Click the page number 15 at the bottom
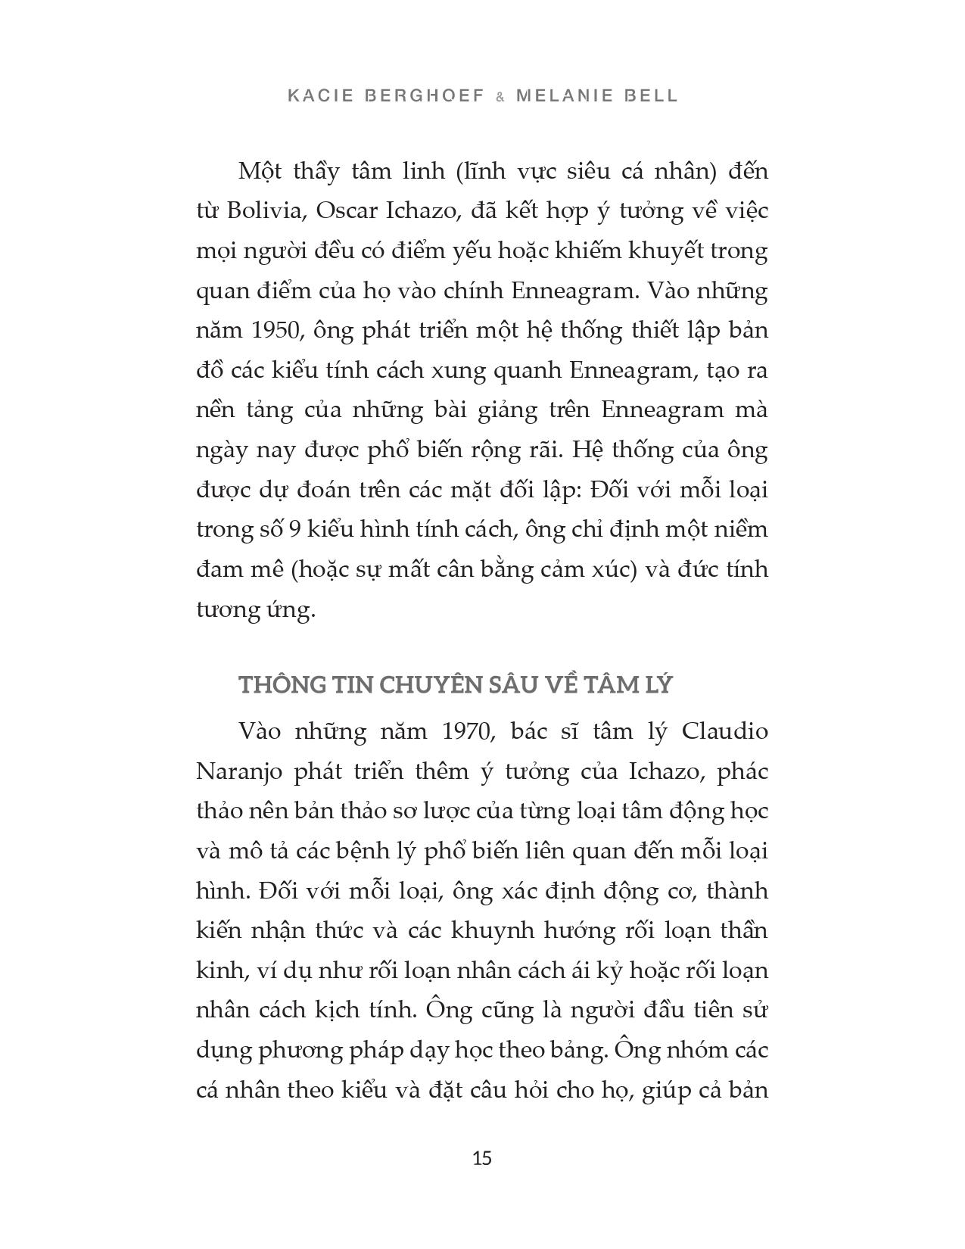tap(482, 1159)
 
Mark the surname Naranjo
tap(239, 771)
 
